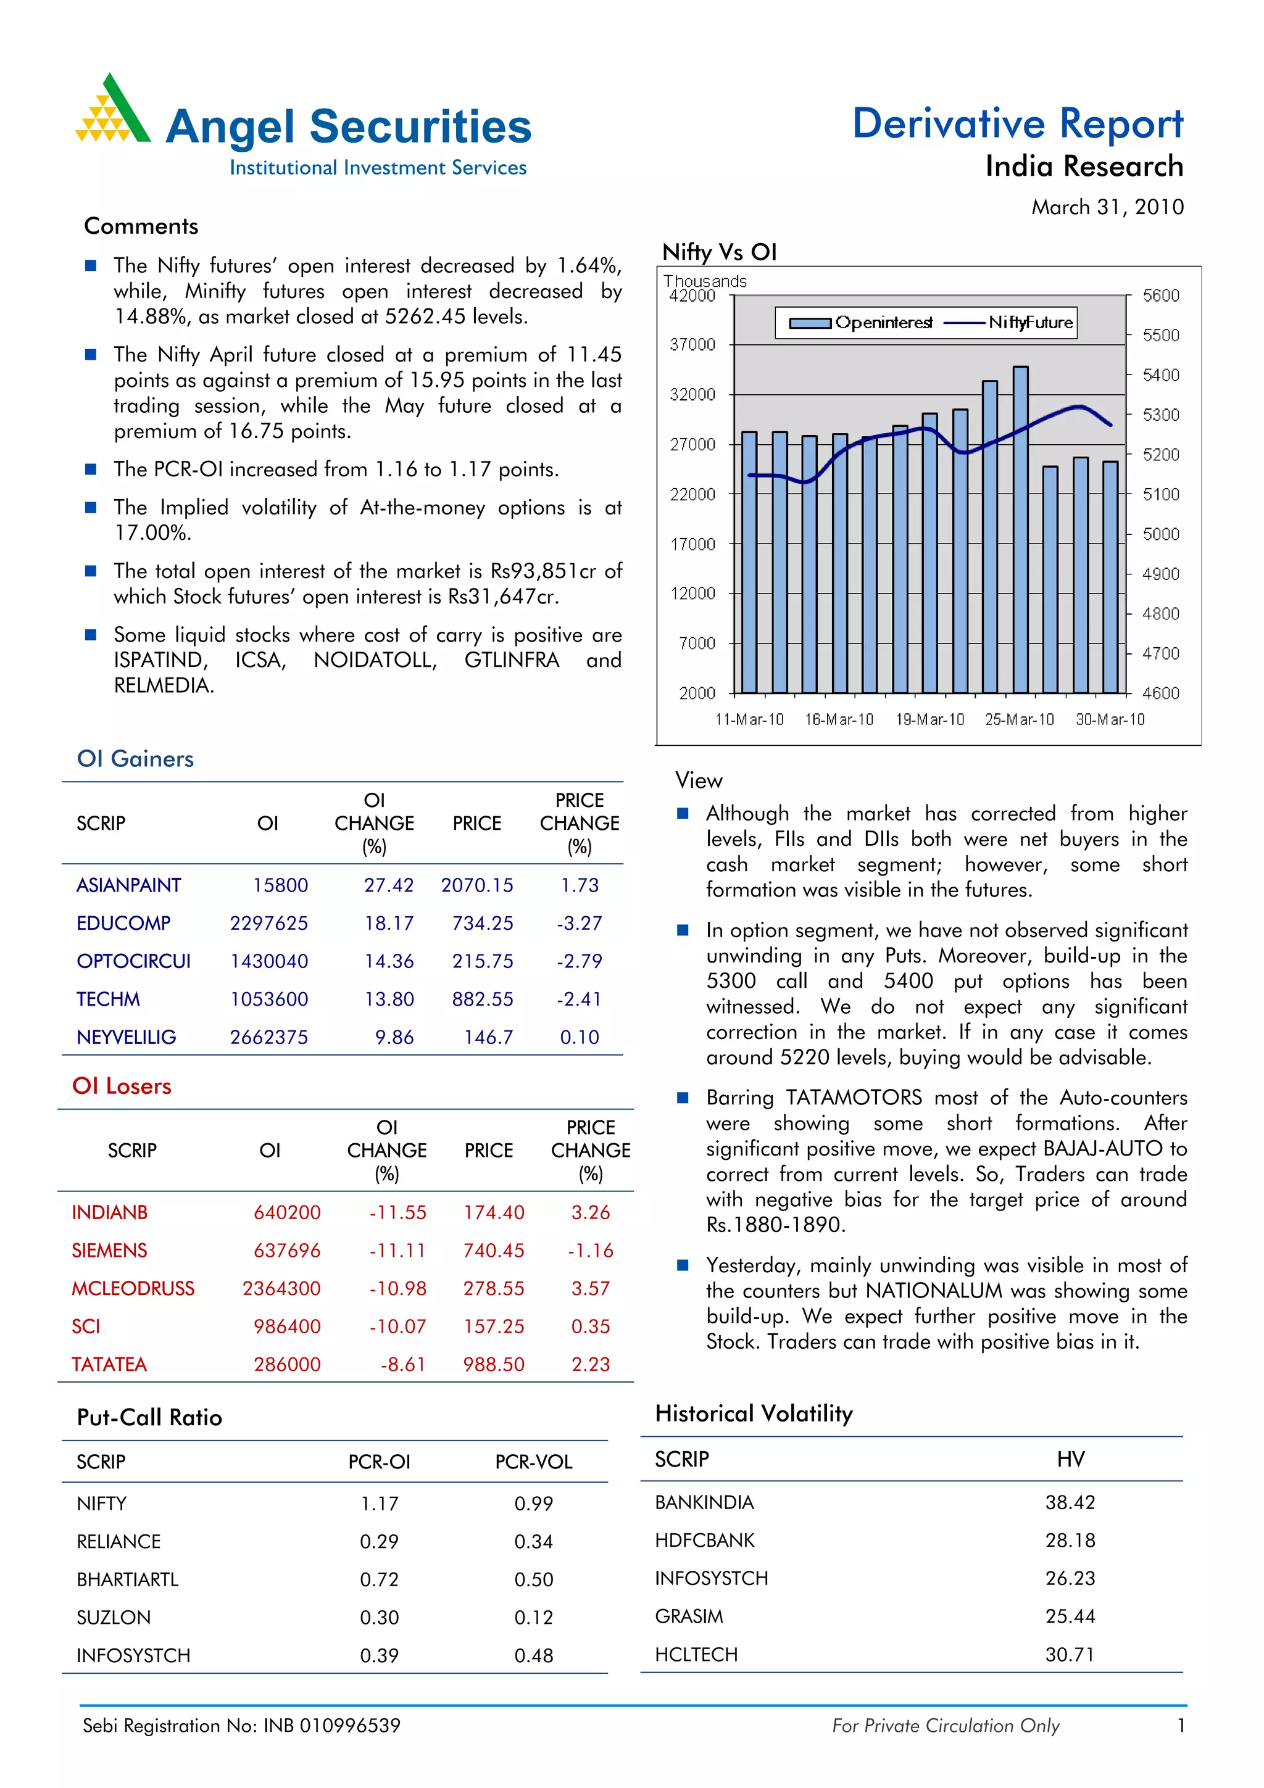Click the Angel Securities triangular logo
pos(113,110)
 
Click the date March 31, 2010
pos(1107,207)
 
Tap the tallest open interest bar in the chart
pos(1020,529)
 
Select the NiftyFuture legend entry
pos(1009,323)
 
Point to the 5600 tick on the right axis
pos(1160,296)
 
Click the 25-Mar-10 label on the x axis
pos(1019,719)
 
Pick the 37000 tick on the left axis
pos(692,344)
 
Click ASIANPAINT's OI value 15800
pos(280,885)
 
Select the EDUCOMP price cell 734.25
pos(482,924)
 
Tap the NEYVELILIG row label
pos(126,1037)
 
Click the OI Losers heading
pos(122,1086)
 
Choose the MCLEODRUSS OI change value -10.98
pos(397,1289)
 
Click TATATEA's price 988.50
pos(494,1364)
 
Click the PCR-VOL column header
pos(533,1462)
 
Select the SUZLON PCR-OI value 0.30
pos(380,1618)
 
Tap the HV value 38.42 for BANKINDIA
pos(1070,1502)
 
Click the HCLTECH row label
pos(696,1654)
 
